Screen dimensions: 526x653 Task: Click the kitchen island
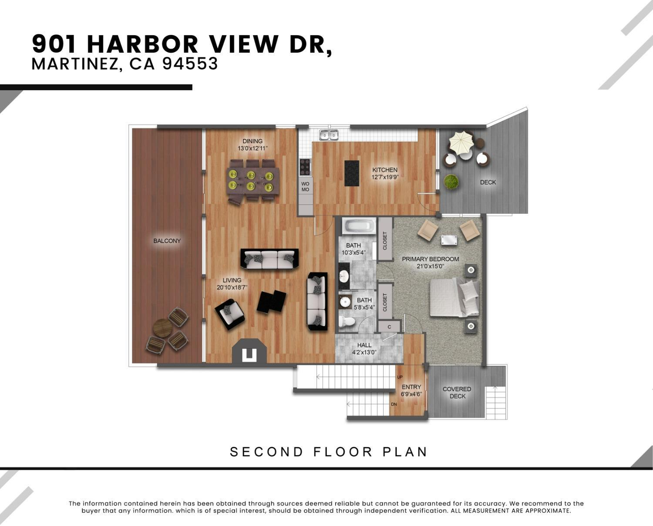[x=352, y=173]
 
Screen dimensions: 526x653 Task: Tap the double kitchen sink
[x=329, y=135]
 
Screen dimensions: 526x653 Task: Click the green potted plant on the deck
[x=451, y=182]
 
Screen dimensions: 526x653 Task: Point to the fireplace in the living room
[x=249, y=352]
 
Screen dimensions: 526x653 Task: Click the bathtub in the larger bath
[x=359, y=226]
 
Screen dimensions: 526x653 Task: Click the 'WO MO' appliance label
[x=305, y=187]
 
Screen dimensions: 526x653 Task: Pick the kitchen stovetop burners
[x=305, y=167]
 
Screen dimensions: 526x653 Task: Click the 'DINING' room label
[x=252, y=141]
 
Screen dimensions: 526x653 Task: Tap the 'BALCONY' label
[x=167, y=241]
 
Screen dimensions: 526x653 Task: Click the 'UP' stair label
[x=400, y=377]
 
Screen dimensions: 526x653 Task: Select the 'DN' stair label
[x=394, y=405]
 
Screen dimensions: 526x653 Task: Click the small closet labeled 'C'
[x=389, y=327]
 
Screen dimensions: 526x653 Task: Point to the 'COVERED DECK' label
[x=457, y=392]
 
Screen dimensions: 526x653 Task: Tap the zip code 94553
[x=190, y=64]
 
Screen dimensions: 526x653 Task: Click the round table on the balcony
[x=162, y=328]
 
